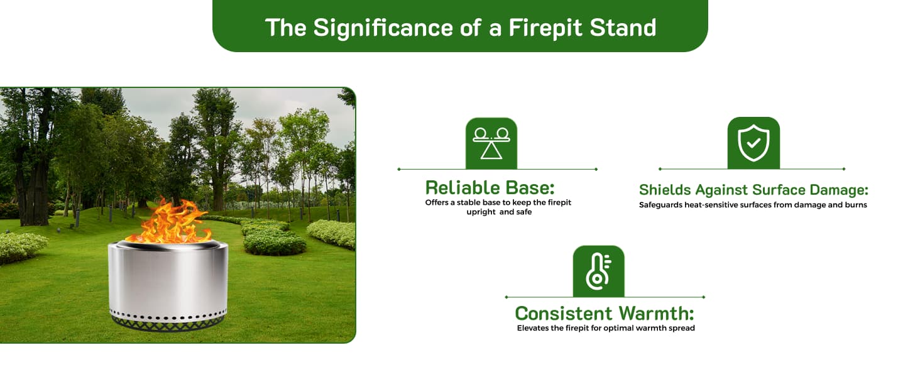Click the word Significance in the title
click(382, 28)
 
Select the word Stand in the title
click(623, 28)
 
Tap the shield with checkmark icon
click(753, 143)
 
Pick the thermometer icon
click(598, 271)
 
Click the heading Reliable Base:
click(490, 188)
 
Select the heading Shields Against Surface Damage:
click(753, 190)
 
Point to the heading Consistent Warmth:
click(605, 314)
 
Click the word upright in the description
click(481, 212)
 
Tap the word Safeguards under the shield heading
click(660, 205)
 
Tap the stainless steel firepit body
click(168, 279)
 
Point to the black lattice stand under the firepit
click(168, 324)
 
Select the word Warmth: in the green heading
click(656, 314)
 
